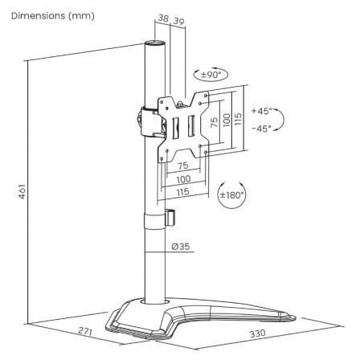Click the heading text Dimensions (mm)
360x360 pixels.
pos(48,16)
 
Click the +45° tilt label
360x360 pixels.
pos(261,111)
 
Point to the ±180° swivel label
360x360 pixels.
pos(232,194)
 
